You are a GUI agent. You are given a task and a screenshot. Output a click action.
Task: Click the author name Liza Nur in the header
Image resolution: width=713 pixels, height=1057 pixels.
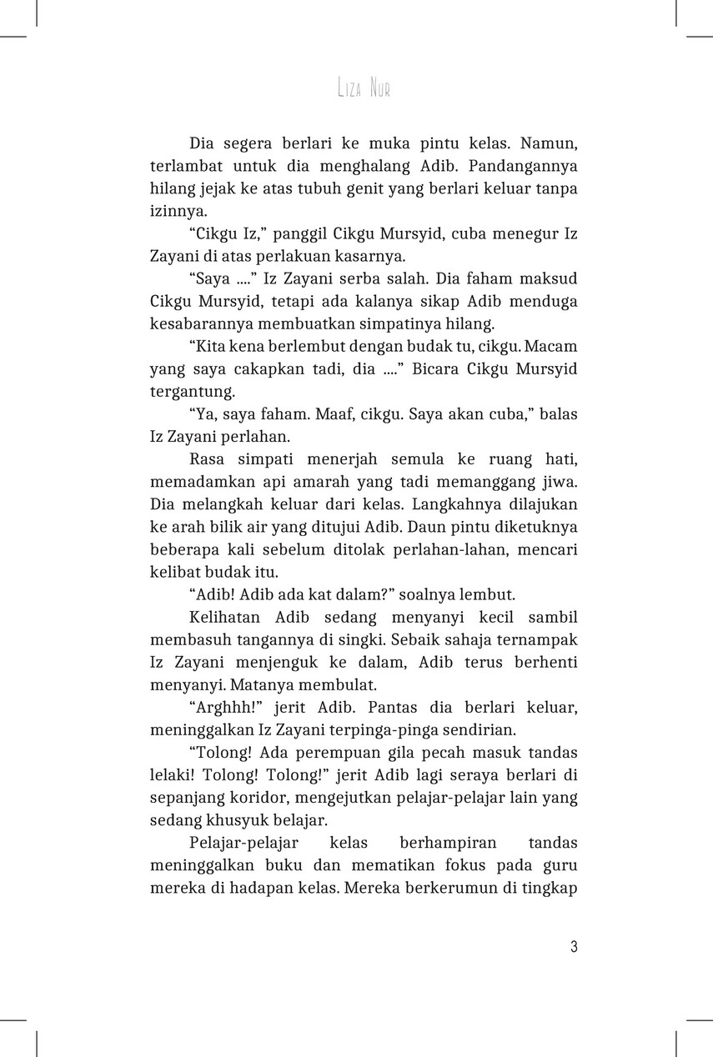click(x=364, y=88)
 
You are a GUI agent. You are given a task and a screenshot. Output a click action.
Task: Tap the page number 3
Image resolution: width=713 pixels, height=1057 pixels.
click(x=574, y=947)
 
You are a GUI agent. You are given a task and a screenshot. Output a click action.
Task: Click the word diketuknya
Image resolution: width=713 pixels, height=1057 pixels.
click(x=537, y=527)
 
